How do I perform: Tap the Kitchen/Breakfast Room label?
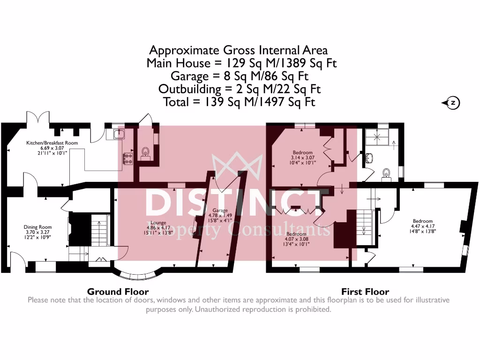tap(52, 143)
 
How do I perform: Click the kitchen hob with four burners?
tap(127, 159)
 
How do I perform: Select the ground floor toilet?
tap(146, 152)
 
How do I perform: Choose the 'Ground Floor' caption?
tap(118, 292)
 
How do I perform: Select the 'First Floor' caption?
tap(365, 292)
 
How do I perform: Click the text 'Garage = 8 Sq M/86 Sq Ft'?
tap(240, 76)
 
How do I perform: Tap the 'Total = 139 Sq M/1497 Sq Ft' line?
tap(240, 102)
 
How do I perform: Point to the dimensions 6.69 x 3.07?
tap(52, 148)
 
